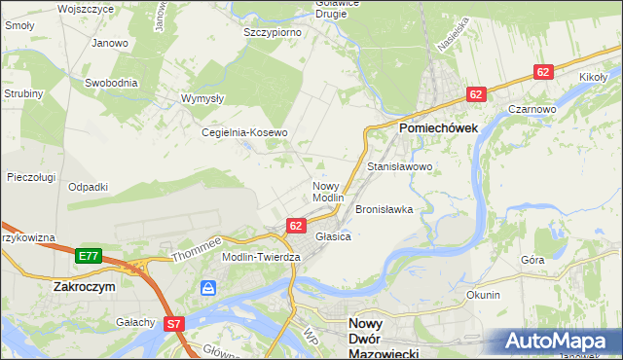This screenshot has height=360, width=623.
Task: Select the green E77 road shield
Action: pyautogui.click(x=89, y=256)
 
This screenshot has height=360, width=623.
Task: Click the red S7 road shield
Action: pyautogui.click(x=174, y=323)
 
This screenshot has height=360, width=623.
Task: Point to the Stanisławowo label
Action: pyautogui.click(x=399, y=167)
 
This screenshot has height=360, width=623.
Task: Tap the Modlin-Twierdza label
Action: pyautogui.click(x=262, y=256)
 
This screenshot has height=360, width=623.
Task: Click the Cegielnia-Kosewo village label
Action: pyautogui.click(x=244, y=132)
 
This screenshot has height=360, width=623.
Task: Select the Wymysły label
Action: pyautogui.click(x=203, y=98)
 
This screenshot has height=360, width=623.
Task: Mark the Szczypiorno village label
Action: pyautogui.click(x=272, y=32)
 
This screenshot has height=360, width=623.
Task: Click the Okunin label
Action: pyautogui.click(x=483, y=295)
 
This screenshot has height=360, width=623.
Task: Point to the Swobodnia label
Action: pyautogui.click(x=111, y=83)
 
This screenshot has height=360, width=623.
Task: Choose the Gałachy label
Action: pyautogui.click(x=135, y=322)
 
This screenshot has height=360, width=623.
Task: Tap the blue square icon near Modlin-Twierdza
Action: pyautogui.click(x=207, y=288)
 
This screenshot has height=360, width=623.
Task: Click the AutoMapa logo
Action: pyautogui.click(x=557, y=341)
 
